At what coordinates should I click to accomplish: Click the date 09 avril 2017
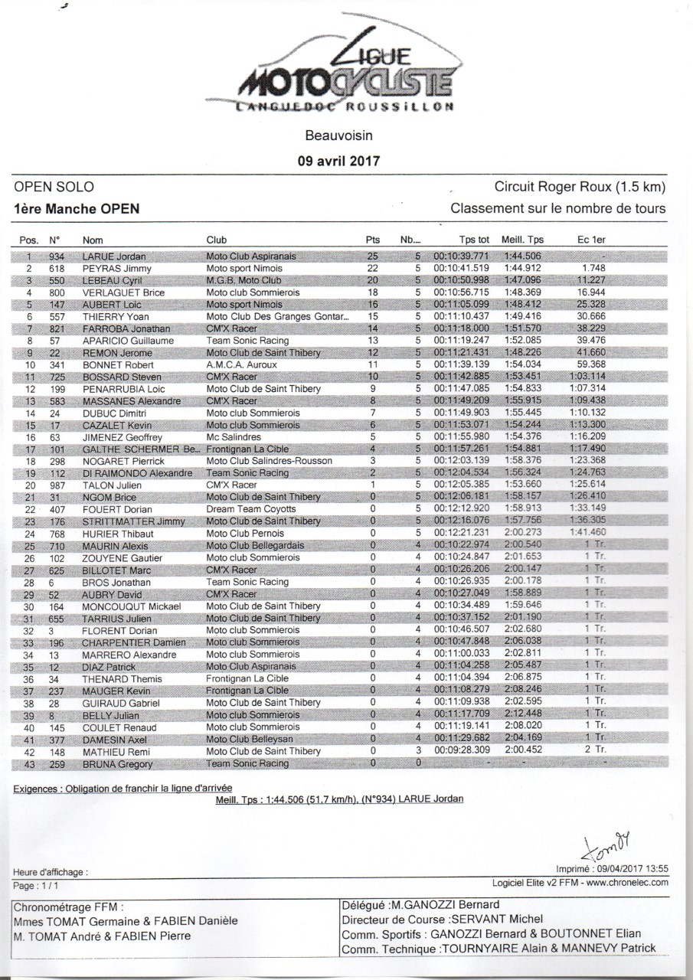pyautogui.click(x=338, y=161)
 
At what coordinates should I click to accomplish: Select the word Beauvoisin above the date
pyautogui.click(x=338, y=137)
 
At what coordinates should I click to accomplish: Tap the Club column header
pyautogui.click(x=217, y=240)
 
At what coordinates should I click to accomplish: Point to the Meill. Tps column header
pyautogui.click(x=522, y=240)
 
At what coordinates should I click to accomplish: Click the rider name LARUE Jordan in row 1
pyautogui.click(x=113, y=256)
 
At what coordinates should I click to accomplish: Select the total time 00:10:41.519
pyautogui.click(x=461, y=269)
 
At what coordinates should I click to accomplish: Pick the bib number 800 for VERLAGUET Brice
pyautogui.click(x=56, y=292)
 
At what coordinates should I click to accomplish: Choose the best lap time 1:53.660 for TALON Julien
pyautogui.click(x=523, y=485)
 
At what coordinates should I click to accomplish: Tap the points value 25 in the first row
pyautogui.click(x=373, y=256)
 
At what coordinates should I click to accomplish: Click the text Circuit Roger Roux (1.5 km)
pyautogui.click(x=580, y=187)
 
